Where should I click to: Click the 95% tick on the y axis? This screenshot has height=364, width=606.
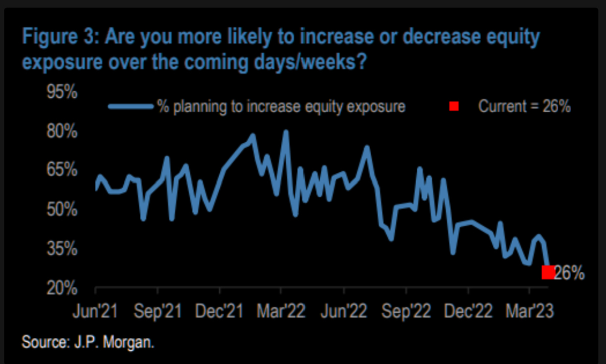coord(62,92)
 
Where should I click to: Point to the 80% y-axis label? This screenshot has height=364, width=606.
coord(62,132)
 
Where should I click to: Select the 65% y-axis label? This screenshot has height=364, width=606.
coord(62,171)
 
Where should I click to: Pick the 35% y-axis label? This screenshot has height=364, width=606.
coord(62,250)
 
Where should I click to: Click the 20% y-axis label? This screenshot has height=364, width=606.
coord(62,289)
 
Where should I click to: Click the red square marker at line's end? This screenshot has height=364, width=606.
coord(548,272)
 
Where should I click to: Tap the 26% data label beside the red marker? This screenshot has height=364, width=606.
coord(569,273)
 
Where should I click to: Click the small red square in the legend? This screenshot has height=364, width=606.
coord(454,107)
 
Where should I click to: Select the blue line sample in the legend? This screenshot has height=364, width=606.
coord(131,107)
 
